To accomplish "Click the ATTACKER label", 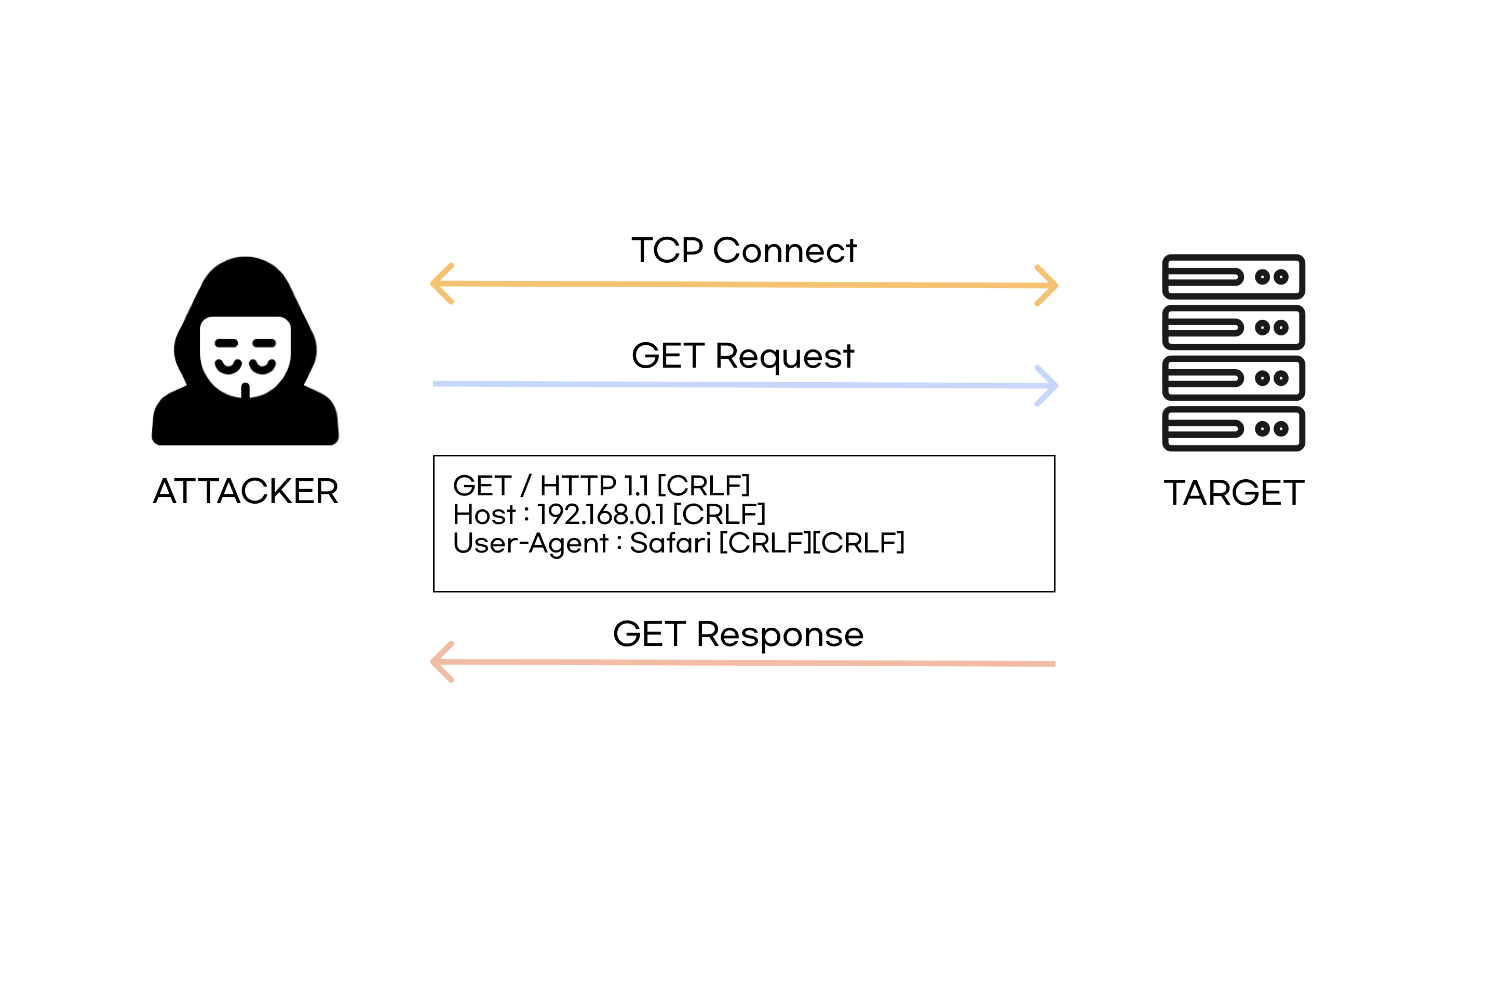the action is click(x=246, y=491).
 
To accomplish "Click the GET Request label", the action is click(x=743, y=356).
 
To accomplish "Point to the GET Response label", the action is click(x=738, y=635).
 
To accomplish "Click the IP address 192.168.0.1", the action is click(x=601, y=515).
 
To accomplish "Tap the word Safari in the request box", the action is click(x=670, y=543).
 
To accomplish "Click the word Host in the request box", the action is click(x=484, y=515).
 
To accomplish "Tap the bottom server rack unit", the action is click(x=1234, y=429).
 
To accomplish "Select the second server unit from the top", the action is click(x=1234, y=327).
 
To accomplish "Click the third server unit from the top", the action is click(x=1234, y=378).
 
